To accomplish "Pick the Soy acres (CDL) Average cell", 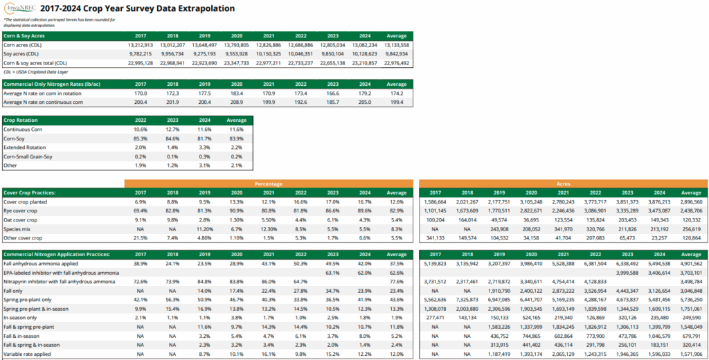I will (x=397, y=53).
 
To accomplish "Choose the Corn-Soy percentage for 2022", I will (x=140, y=138).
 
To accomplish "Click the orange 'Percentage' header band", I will (x=268, y=183).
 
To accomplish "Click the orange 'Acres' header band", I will (x=563, y=183).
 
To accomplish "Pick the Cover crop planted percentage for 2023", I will (x=332, y=201).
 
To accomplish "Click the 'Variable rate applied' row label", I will (x=28, y=354).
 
